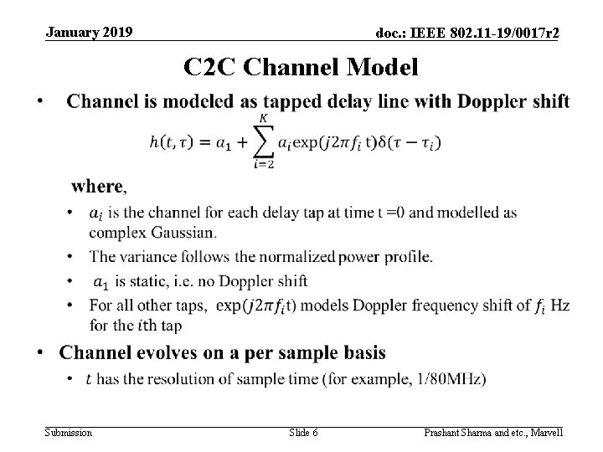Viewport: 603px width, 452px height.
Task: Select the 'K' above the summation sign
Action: (264, 120)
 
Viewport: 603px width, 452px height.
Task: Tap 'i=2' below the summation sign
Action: (263, 164)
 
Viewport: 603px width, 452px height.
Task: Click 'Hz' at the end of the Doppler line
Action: (561, 305)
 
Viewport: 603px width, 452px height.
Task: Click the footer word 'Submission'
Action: (70, 433)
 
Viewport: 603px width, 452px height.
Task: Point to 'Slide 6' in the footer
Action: (303, 433)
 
